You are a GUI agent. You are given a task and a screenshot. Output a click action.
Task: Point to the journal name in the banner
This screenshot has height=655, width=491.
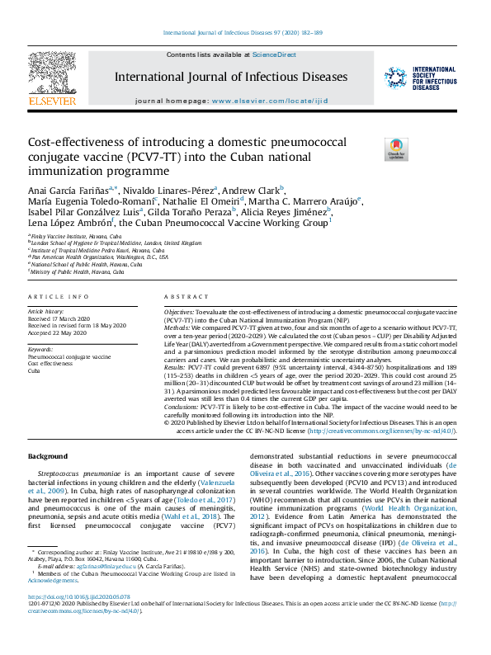pyautogui.click(x=231, y=77)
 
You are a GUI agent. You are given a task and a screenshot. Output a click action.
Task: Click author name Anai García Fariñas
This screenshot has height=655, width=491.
pyautogui.click(x=71, y=190)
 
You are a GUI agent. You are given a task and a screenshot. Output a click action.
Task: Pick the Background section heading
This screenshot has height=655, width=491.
pyautogui.click(x=49, y=456)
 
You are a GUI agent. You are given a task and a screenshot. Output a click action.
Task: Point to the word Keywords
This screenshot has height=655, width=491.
pyautogui.click(x=41, y=351)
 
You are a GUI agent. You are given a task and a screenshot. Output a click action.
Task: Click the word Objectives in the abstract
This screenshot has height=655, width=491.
pyautogui.click(x=178, y=314)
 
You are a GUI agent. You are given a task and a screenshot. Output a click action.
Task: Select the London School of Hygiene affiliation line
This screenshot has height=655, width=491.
pyautogui.click(x=116, y=243)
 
